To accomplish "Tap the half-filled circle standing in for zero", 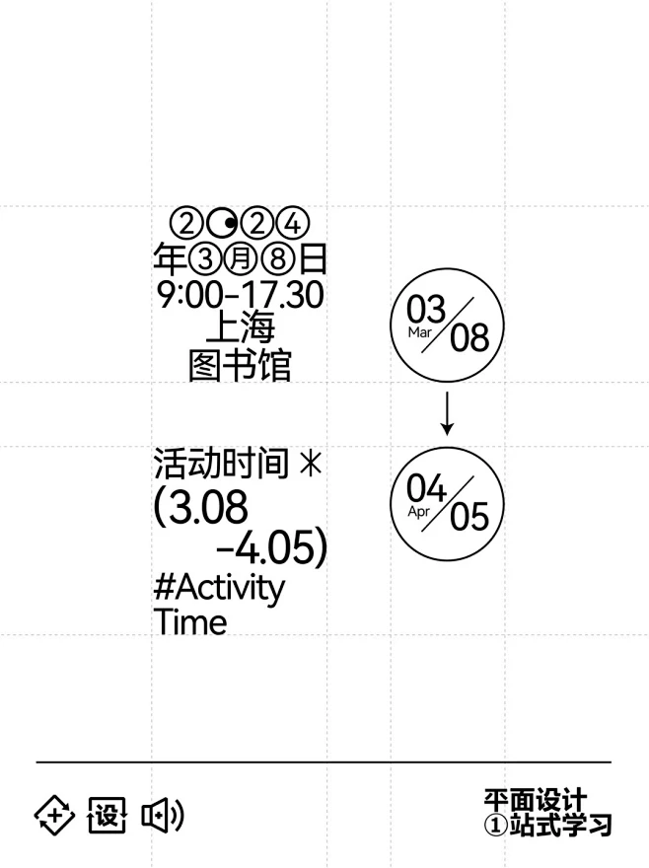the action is [x=223, y=224].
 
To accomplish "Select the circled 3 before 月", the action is [x=205, y=258].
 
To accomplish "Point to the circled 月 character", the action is [x=241, y=258].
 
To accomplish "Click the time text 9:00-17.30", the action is [x=241, y=295].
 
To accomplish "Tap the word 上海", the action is [x=241, y=327].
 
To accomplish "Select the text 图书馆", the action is [x=240, y=364].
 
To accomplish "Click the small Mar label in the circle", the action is [x=419, y=332].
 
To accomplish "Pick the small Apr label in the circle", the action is [x=418, y=512].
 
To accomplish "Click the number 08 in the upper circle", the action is [x=469, y=337].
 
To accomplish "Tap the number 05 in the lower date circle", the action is [x=469, y=517].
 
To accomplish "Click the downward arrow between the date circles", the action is [x=448, y=413].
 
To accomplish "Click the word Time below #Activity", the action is [x=190, y=621].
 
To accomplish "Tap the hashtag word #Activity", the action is [x=219, y=588].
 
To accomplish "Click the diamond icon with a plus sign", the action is [x=54, y=815].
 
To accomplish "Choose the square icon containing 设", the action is [x=107, y=815].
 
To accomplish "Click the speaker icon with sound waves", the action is [x=163, y=815].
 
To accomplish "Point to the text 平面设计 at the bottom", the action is [x=536, y=801].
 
